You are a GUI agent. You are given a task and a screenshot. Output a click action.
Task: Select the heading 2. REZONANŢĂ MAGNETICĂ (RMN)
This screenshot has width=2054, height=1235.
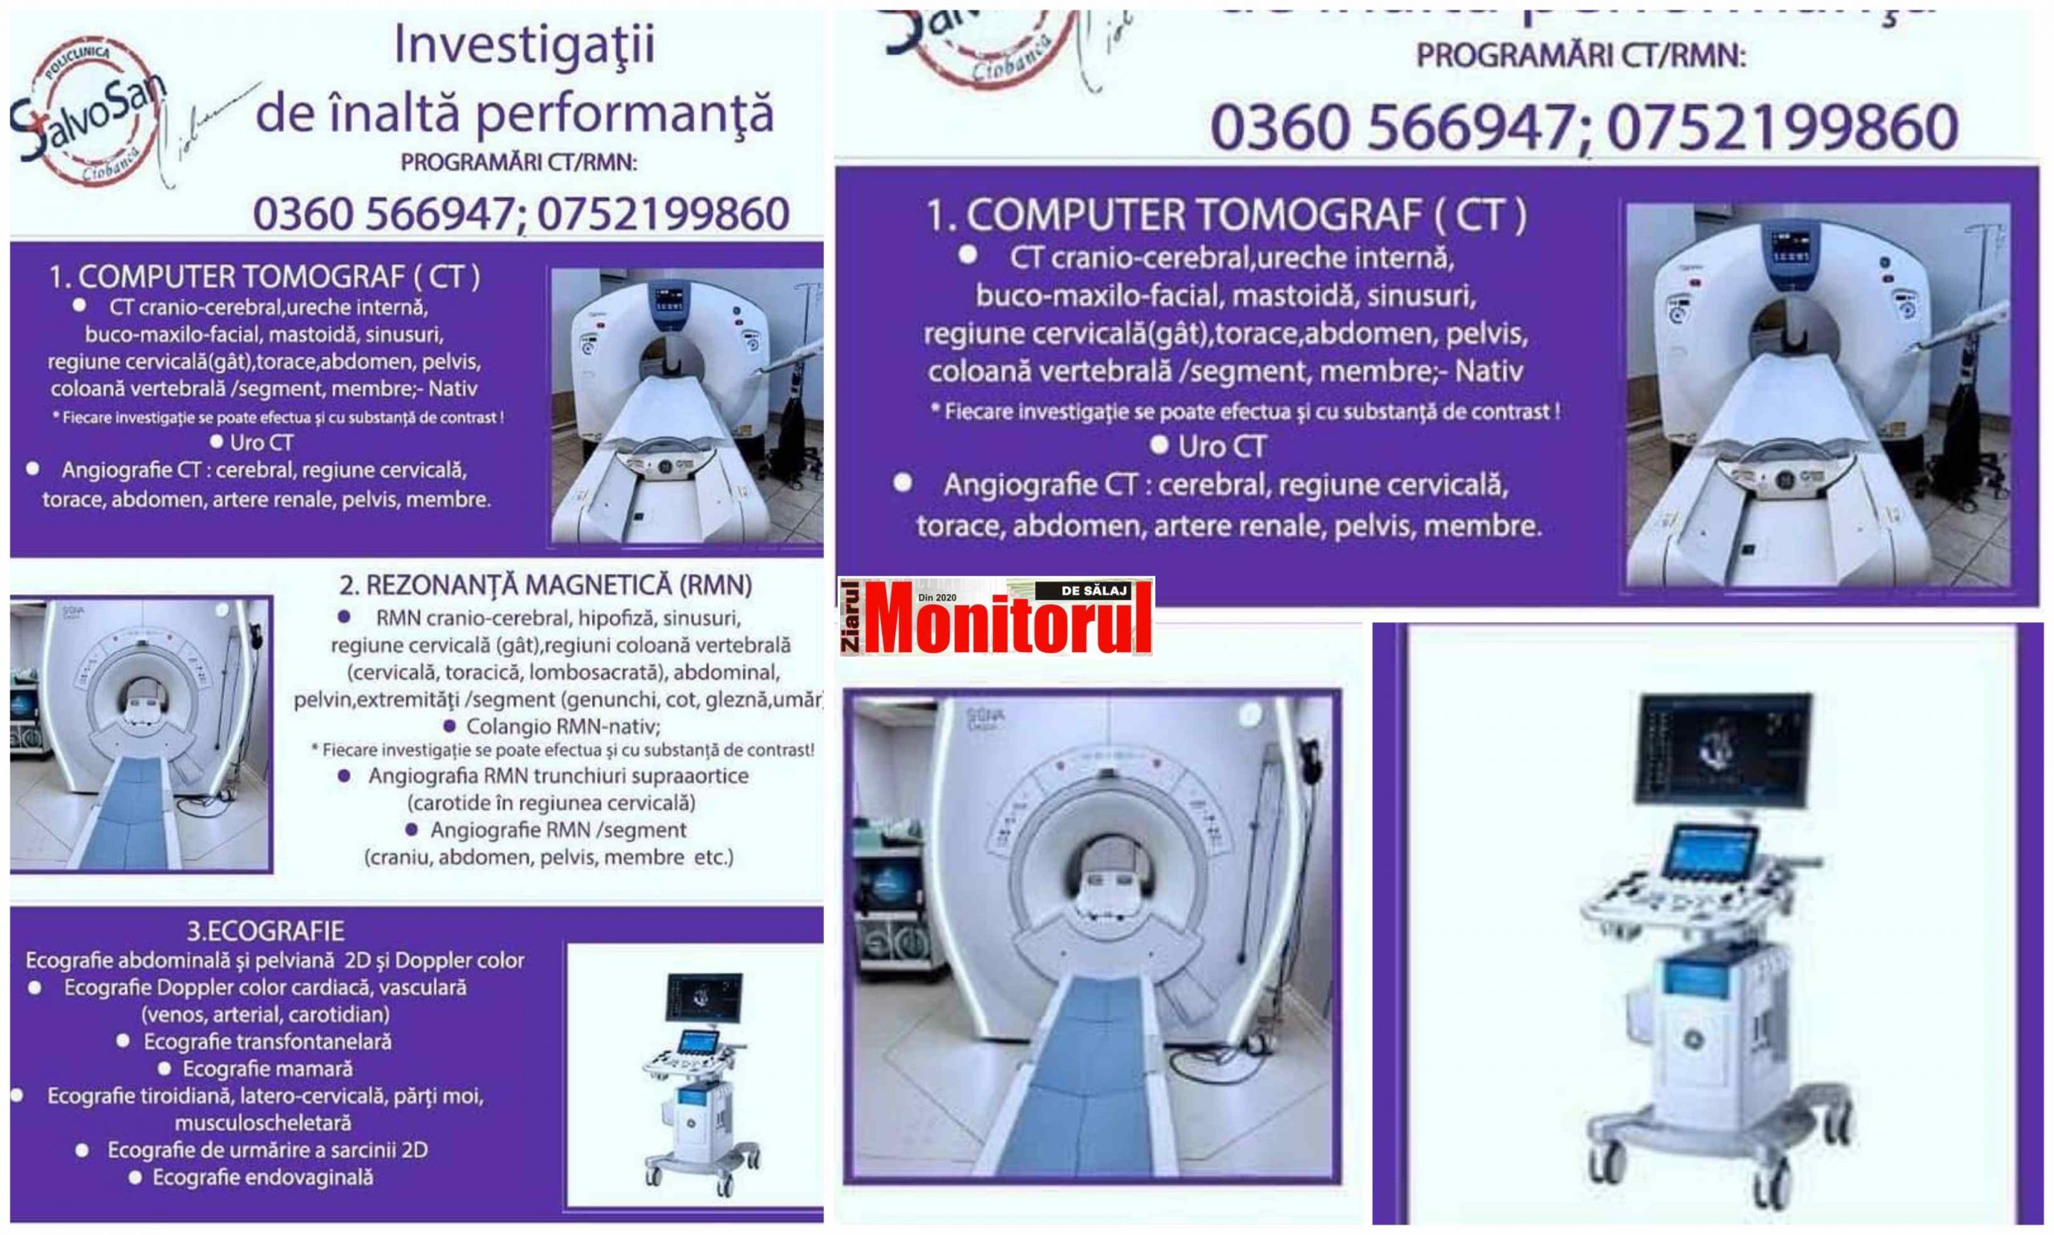tap(546, 586)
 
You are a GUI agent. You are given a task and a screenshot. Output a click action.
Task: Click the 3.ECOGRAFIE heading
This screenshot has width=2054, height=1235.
tap(266, 930)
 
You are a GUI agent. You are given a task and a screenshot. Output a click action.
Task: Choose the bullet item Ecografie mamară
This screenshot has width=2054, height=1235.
tap(267, 1068)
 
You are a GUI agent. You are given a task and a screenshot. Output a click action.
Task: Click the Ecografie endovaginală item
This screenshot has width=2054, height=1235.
tap(263, 1177)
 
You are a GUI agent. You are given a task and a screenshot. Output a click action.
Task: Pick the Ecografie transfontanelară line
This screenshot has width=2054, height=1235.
tap(267, 1042)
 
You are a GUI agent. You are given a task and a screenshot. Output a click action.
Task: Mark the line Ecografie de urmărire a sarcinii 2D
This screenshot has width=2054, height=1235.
tap(267, 1150)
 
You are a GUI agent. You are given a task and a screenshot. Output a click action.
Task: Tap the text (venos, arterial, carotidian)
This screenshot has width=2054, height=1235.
tap(266, 1014)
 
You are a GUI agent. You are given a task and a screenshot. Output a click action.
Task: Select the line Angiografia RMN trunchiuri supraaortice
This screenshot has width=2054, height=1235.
tap(558, 775)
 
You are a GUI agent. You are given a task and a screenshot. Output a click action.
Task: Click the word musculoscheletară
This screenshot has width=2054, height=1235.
tap(263, 1123)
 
